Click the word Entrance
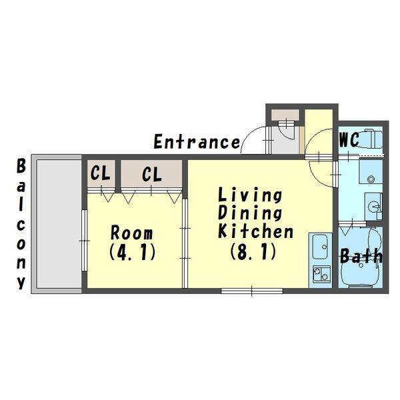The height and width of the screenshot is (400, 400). click(x=197, y=142)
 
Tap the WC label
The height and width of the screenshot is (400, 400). click(x=349, y=140)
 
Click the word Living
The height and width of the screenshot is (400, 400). click(x=250, y=195)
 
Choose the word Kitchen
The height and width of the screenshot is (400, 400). click(x=256, y=231)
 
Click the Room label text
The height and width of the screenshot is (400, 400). click(x=131, y=233)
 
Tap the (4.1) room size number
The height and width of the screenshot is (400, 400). click(x=133, y=252)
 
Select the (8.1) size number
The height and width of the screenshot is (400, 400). click(x=253, y=251)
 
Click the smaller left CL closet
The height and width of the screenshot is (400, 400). click(x=101, y=173)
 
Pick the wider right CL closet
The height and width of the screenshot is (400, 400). click(x=151, y=174)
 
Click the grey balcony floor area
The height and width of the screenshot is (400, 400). click(x=59, y=224)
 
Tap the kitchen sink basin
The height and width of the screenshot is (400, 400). click(x=320, y=247)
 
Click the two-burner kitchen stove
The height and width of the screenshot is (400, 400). click(x=321, y=274)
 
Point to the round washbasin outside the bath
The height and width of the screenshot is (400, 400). click(x=373, y=205)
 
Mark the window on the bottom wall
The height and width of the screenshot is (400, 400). click(x=252, y=291)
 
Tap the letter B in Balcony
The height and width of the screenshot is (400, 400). click(x=21, y=166)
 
